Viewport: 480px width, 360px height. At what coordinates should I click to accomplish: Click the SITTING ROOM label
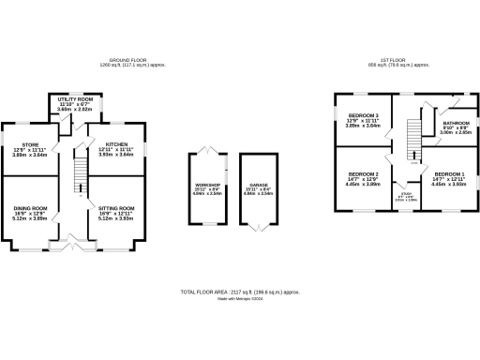[116, 208]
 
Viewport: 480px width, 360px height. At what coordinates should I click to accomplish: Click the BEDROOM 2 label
[363, 174]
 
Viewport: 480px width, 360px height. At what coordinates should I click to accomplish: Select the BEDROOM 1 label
[447, 174]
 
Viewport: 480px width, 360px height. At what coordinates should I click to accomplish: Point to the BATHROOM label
[457, 123]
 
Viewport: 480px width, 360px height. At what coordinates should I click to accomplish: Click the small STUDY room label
[406, 193]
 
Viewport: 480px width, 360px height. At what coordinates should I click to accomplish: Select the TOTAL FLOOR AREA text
[239, 292]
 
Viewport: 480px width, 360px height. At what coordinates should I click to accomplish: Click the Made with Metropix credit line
[240, 299]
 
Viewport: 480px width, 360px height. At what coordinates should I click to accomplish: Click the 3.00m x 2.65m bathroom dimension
[457, 133]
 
